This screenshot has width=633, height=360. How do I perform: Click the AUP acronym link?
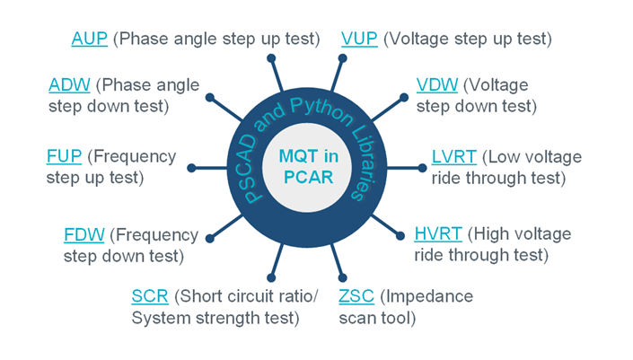point(90,39)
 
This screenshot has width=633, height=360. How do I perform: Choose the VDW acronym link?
point(437,86)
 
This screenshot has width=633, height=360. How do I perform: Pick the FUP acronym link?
point(64,157)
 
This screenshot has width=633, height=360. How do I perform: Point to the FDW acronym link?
point(84,235)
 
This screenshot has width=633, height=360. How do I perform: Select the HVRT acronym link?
point(438,235)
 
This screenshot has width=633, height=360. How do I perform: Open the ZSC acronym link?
point(357,297)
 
